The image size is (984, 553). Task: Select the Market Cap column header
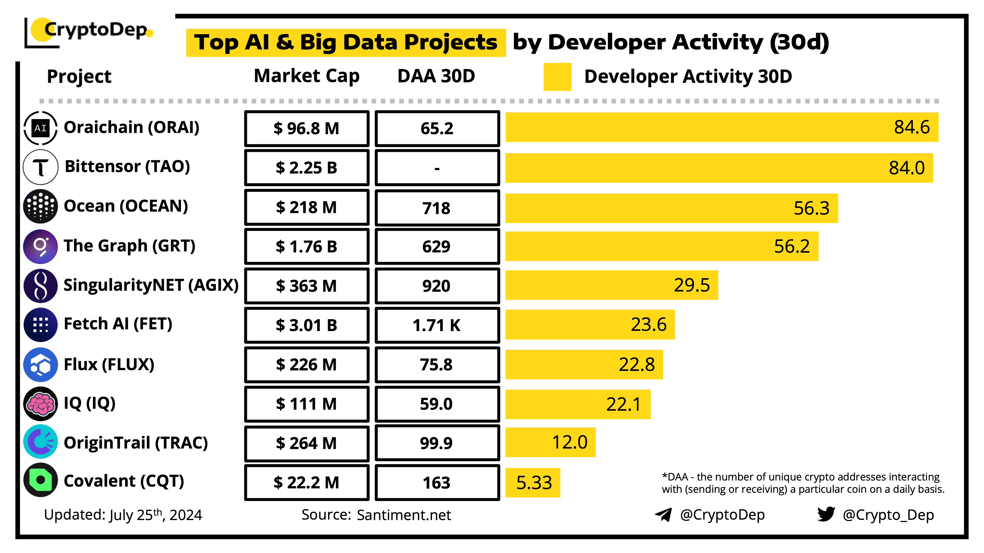[x=307, y=76]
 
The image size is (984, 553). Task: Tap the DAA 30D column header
[x=436, y=76]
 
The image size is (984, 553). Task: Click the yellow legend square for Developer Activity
[x=557, y=77]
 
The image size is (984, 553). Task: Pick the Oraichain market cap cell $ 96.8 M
[x=307, y=129]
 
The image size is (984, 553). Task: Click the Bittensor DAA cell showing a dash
[x=437, y=168]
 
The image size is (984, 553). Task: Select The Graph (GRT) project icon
[x=41, y=247]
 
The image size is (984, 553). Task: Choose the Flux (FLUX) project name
[x=109, y=364]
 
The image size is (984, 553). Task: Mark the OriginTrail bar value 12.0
[x=569, y=442]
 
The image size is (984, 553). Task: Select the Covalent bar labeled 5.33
[x=533, y=483]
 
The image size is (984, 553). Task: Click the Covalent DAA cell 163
[x=437, y=483]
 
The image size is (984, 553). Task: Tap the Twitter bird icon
[x=826, y=514]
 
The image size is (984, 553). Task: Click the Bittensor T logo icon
[x=41, y=167]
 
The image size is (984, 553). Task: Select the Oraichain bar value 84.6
[x=912, y=127]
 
